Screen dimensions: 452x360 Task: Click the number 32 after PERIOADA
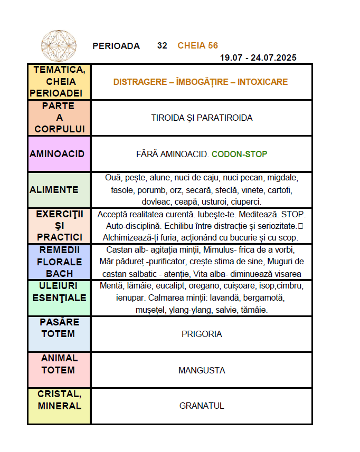coord(162,46)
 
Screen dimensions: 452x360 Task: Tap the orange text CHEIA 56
coord(198,46)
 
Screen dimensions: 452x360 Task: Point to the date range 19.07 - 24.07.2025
coord(258,57)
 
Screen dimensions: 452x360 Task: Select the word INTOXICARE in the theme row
coord(262,82)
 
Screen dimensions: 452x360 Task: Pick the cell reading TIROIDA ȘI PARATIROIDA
coord(202,118)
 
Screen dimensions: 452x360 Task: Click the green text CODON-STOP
coord(239,154)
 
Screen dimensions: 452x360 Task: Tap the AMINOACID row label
coord(58,154)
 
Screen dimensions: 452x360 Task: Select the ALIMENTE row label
coord(54,190)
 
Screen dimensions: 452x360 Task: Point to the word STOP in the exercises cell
coord(293,215)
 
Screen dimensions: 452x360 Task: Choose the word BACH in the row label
coord(60,274)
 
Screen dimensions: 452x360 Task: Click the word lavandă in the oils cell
coord(225,298)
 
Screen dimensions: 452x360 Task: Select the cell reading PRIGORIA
coord(202,334)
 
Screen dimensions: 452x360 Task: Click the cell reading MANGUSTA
coord(202,370)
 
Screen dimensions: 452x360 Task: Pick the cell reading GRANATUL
coord(202,406)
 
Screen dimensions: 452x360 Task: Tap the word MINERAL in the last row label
coord(60,406)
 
